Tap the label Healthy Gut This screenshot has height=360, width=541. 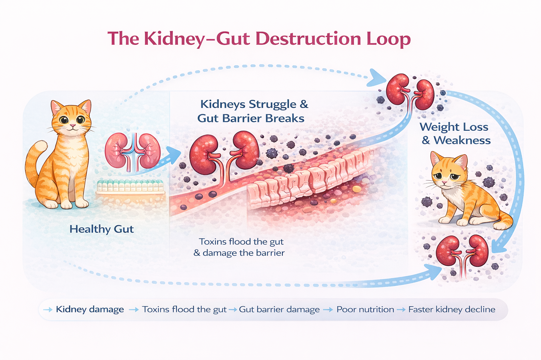101,229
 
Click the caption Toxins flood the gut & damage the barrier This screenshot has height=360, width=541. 240,247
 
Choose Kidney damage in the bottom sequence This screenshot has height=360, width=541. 90,309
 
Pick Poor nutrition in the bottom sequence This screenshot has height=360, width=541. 365,309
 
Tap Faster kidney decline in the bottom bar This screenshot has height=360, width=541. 452,309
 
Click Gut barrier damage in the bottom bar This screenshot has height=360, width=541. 279,309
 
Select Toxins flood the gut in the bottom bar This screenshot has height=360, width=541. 184,309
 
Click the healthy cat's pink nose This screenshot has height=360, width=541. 72,126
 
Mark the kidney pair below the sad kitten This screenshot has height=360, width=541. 462,251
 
